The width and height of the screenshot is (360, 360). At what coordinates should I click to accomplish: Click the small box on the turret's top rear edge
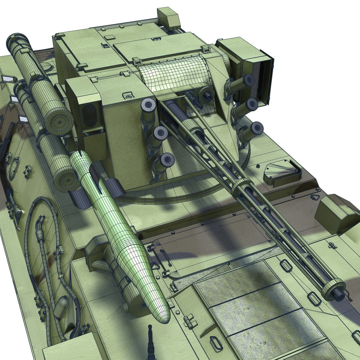pos(169,18)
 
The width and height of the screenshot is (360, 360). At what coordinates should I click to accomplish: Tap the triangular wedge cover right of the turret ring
pos(280,172)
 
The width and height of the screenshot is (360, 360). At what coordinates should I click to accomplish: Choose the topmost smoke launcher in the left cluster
pos(148,107)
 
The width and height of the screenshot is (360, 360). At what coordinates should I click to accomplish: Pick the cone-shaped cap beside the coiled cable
pos(61,307)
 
